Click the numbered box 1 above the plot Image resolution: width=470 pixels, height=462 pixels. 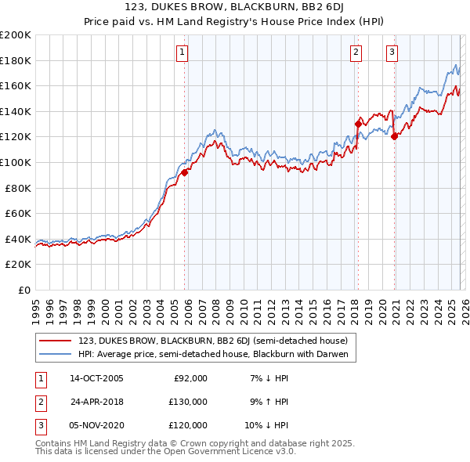[x=182, y=52]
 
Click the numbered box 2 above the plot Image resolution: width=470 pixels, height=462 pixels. [x=356, y=52]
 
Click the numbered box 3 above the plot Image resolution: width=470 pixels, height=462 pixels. [x=391, y=52]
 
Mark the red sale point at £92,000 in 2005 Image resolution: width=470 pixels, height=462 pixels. [x=185, y=172]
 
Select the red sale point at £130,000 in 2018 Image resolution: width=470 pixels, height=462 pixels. [x=358, y=124]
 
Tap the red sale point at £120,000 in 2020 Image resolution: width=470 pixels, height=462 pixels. [x=394, y=136]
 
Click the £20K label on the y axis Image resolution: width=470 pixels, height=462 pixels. [x=18, y=265]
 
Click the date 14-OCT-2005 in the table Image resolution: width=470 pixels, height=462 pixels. [x=96, y=378]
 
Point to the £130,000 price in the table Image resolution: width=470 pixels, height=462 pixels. [x=188, y=402]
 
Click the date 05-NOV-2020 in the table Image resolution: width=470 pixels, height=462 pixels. [x=96, y=425]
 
